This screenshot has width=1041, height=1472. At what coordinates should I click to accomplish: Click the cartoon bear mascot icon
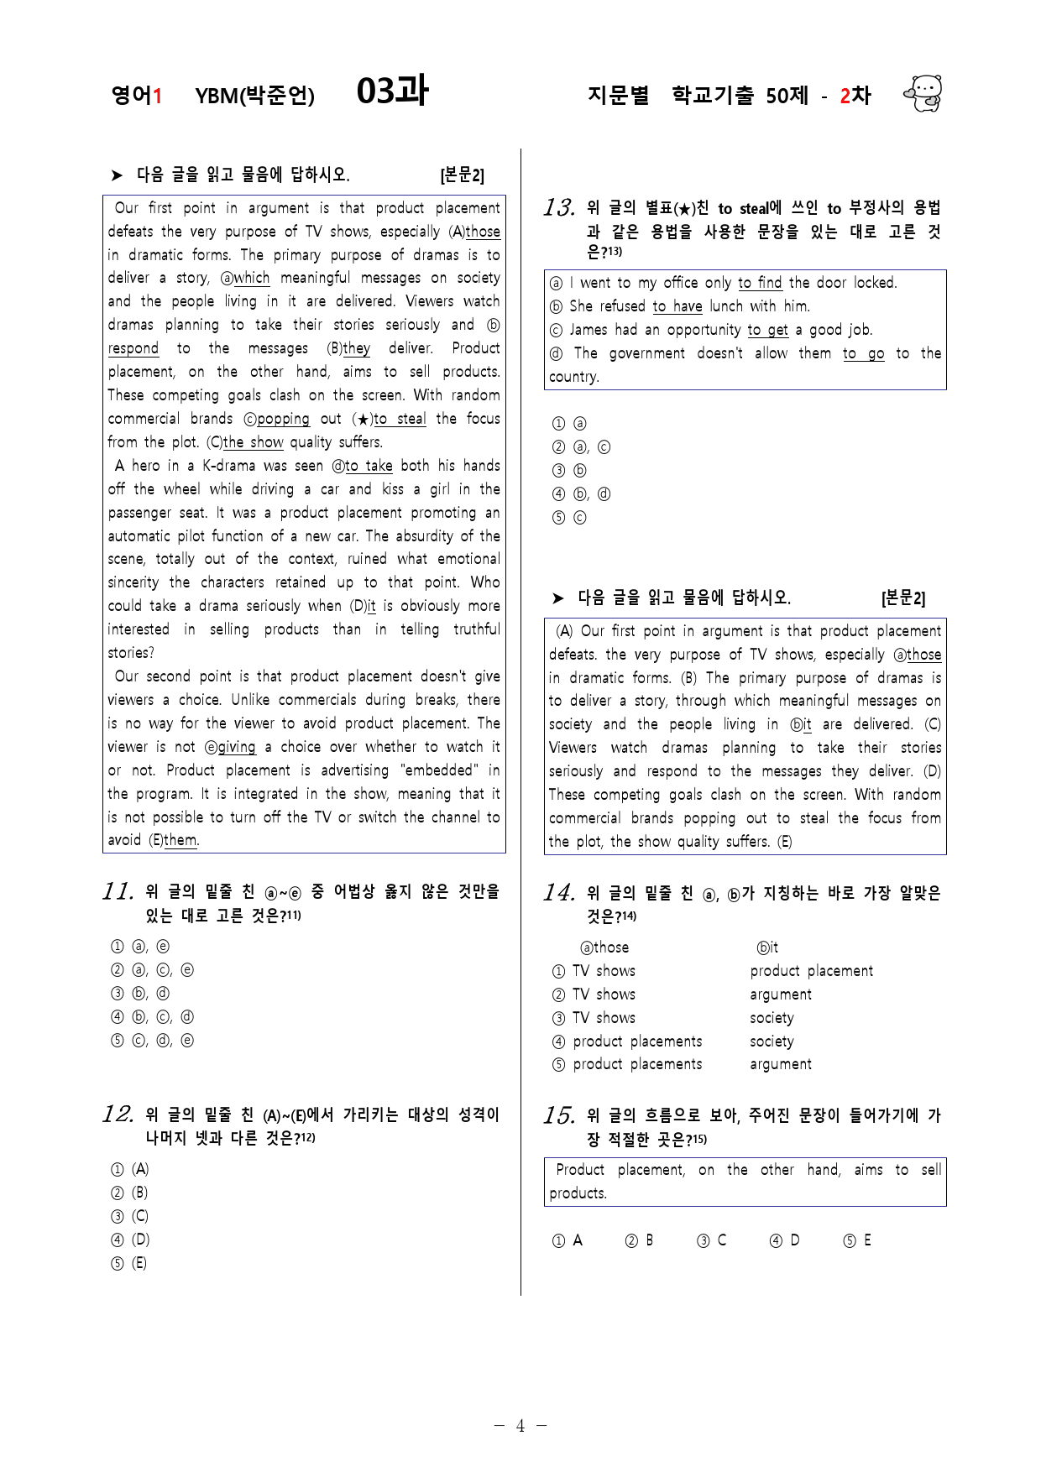coord(923,93)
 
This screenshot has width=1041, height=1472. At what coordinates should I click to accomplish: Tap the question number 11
coord(118,891)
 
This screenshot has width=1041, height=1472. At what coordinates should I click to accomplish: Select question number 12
coord(118,1114)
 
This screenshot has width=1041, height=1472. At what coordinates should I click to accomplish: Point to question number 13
coord(559,207)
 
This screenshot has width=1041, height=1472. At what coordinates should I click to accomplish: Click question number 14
coord(559,893)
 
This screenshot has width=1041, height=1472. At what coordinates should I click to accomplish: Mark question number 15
coord(559,1115)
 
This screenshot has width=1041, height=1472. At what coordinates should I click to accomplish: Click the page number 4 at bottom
coord(520,1426)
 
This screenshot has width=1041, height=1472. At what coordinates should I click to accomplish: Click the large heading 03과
coord(392,91)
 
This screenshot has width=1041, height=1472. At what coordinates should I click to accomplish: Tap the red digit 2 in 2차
coord(845,96)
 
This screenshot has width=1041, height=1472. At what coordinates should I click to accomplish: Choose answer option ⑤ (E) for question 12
coord(129,1263)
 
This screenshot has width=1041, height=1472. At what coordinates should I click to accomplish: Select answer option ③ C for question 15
coord(712,1240)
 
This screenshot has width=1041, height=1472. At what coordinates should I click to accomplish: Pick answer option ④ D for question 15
coord(784,1240)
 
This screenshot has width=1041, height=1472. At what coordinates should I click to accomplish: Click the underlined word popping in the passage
coord(283,419)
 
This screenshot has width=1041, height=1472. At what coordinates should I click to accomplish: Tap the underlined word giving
coord(236,747)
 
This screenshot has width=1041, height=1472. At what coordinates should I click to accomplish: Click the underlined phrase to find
coord(760,283)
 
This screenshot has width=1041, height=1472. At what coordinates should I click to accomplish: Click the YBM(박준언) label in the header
coord(254,96)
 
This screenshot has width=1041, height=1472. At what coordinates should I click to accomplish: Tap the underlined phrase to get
coord(767,330)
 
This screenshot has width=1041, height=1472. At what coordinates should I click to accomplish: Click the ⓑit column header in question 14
coord(767,947)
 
